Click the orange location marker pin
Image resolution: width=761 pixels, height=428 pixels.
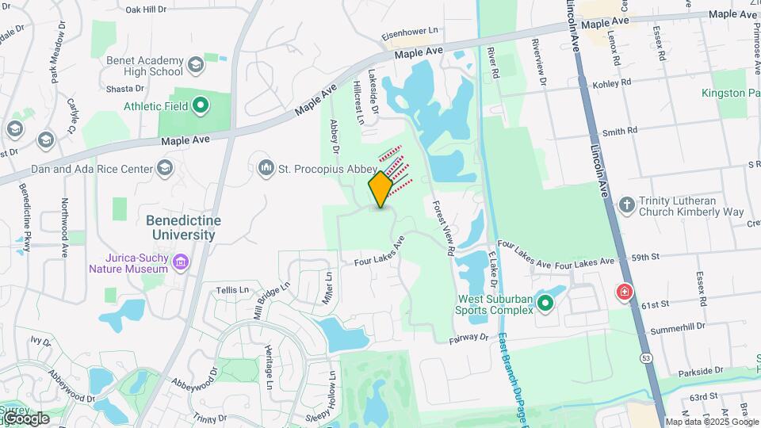coord(380,189)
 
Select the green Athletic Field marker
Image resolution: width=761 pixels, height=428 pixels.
coord(201,104)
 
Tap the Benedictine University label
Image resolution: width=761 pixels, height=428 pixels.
coord(184,227)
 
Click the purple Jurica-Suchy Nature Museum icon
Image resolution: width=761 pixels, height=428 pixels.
coord(181,262)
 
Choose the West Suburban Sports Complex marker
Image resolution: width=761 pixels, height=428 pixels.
coord(545,302)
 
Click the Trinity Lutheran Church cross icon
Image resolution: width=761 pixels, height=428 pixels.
coord(627,206)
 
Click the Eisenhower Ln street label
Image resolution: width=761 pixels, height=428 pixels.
coord(410,30)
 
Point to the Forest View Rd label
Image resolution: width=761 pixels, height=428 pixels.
coord(444,227)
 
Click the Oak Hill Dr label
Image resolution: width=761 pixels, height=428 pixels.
coord(147,10)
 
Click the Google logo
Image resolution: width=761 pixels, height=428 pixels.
coord(25,418)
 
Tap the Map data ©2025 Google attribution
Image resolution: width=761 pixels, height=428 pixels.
coord(712,422)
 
